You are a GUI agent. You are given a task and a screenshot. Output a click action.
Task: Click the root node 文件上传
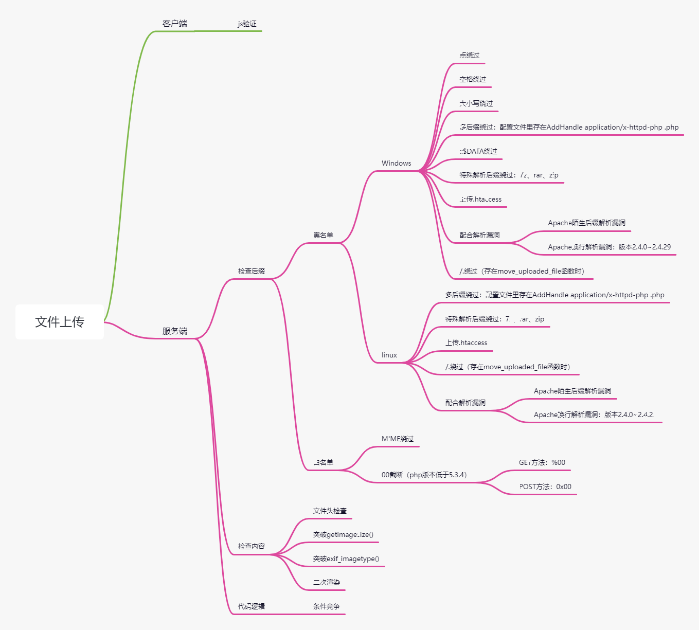(60, 322)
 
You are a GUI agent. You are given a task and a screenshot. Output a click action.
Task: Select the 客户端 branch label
(175, 24)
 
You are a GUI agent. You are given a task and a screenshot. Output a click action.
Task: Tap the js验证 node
(247, 24)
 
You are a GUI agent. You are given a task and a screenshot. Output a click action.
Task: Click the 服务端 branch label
(175, 331)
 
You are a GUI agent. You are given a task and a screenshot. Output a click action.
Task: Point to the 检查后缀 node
(252, 271)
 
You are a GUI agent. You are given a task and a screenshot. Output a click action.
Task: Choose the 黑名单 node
(323, 235)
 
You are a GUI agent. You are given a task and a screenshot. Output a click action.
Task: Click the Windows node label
(396, 163)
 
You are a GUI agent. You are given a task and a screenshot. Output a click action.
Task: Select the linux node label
(389, 355)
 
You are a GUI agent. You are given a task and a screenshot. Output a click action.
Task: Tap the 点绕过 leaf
(469, 55)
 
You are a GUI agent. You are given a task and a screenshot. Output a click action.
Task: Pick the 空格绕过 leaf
(473, 79)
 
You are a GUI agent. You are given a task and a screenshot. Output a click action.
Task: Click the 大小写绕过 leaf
(476, 103)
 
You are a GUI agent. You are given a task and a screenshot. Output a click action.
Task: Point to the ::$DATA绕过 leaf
(478, 151)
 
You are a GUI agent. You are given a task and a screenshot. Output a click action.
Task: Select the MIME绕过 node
(398, 439)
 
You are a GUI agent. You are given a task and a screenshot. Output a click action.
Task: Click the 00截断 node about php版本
(424, 475)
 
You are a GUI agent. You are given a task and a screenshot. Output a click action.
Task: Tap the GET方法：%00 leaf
(542, 462)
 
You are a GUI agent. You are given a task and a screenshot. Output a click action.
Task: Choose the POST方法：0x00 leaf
(545, 487)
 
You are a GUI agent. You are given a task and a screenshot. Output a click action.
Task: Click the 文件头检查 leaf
(330, 511)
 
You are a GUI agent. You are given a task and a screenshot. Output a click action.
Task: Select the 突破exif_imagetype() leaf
(346, 559)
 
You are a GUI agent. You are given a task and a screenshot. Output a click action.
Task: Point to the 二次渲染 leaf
(327, 582)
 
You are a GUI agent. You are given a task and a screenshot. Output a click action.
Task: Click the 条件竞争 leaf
(327, 606)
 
